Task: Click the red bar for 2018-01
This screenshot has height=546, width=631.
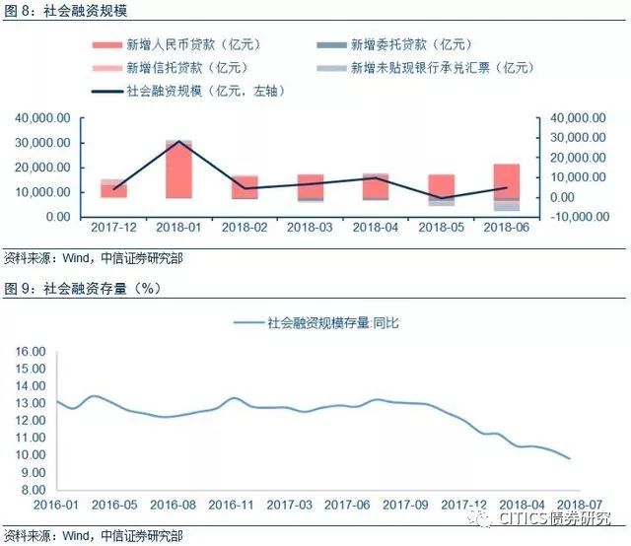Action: click(x=178, y=170)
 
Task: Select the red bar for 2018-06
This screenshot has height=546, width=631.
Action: click(x=507, y=181)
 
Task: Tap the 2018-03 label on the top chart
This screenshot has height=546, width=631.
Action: click(x=311, y=228)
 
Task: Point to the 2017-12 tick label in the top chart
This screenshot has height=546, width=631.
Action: click(x=113, y=228)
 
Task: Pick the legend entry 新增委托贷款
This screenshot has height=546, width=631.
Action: click(x=415, y=45)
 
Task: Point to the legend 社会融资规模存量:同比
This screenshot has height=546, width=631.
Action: click(x=315, y=322)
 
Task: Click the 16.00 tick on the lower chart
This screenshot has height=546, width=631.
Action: click(x=32, y=352)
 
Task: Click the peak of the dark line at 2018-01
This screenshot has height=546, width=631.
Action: click(x=178, y=143)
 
